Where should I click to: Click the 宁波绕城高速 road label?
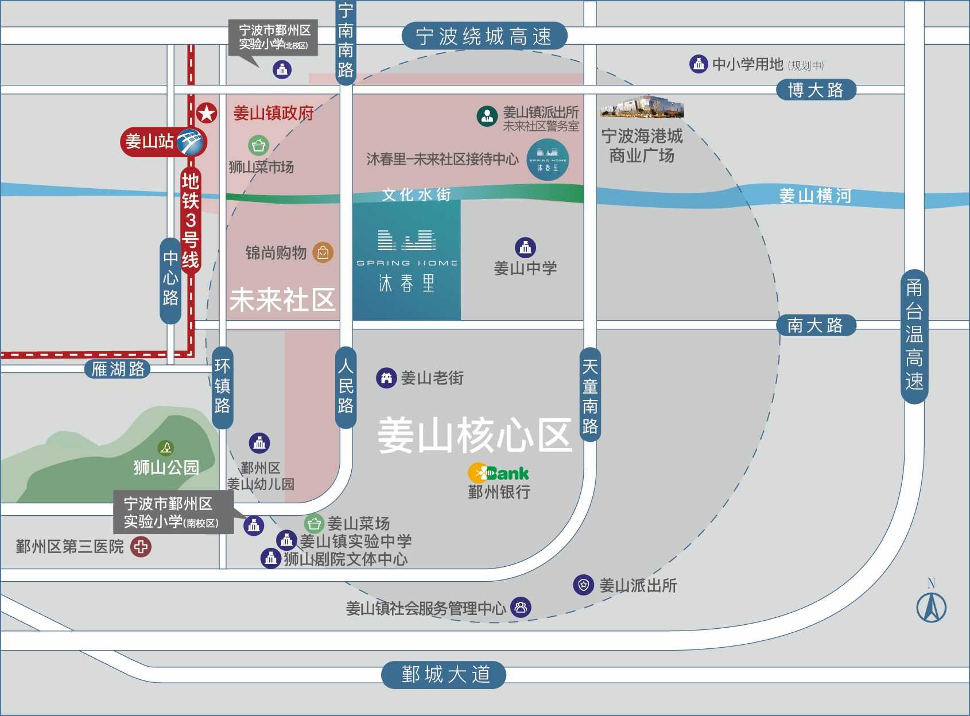[x=484, y=36]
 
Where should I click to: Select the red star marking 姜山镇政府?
[x=207, y=113]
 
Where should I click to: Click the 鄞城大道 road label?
[x=444, y=675]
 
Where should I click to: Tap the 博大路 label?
[x=816, y=90]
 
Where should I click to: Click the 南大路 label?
[x=816, y=325]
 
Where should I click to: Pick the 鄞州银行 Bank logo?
[x=498, y=473]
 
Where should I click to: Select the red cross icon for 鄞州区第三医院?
[x=141, y=547]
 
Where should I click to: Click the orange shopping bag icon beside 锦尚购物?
[x=323, y=252]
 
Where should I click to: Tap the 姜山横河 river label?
[x=815, y=196]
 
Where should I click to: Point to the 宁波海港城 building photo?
[x=642, y=107]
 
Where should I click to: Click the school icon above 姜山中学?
[x=525, y=248]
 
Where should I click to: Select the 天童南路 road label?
[x=590, y=395]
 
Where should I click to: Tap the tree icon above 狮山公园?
[x=166, y=447]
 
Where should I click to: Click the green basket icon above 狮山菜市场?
[x=258, y=146]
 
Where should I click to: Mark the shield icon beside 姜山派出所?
[x=583, y=585]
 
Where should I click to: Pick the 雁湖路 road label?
[x=118, y=369]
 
